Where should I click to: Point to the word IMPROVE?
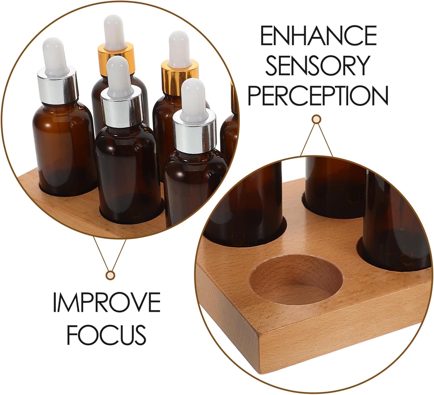click(106, 302)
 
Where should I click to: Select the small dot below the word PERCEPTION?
click(316, 119)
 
